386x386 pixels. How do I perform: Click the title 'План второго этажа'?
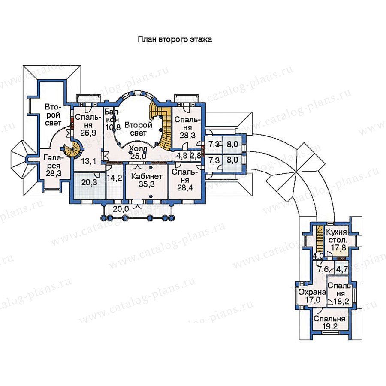click(x=175, y=39)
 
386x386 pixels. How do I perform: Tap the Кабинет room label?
click(x=147, y=176)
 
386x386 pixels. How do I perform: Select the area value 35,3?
click(x=147, y=184)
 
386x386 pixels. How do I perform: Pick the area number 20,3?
click(x=89, y=182)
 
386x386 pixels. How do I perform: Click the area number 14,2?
click(x=115, y=178)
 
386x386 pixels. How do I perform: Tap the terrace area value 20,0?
click(x=121, y=209)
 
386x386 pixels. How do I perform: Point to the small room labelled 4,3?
click(x=182, y=156)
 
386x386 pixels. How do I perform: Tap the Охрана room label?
click(x=312, y=292)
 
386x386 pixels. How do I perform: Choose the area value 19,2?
click(x=329, y=326)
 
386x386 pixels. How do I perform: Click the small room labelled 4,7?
click(x=342, y=269)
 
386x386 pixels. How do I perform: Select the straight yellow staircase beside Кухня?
click(x=320, y=238)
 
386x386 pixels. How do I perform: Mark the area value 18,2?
click(x=341, y=302)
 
